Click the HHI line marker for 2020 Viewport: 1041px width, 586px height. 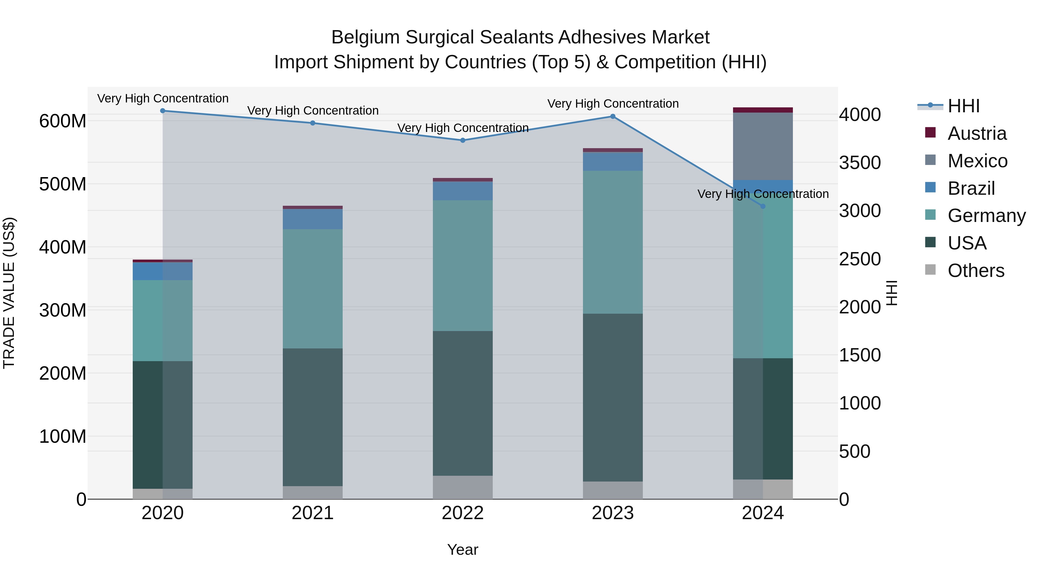click(163, 111)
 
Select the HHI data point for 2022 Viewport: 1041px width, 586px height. click(463, 140)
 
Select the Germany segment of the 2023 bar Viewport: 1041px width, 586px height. click(613, 242)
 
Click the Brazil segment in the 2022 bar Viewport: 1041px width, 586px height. click(463, 191)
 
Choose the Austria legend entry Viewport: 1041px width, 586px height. click(976, 133)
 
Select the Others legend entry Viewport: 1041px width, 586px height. click(976, 271)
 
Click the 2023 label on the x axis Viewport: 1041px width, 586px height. click(613, 513)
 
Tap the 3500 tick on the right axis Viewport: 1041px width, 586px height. click(860, 163)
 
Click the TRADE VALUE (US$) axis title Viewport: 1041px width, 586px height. click(9, 293)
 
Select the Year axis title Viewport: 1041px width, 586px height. click(463, 550)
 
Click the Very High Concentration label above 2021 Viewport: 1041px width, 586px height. click(313, 111)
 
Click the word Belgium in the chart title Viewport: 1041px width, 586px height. click(365, 37)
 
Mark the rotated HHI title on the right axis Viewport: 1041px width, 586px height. click(892, 293)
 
